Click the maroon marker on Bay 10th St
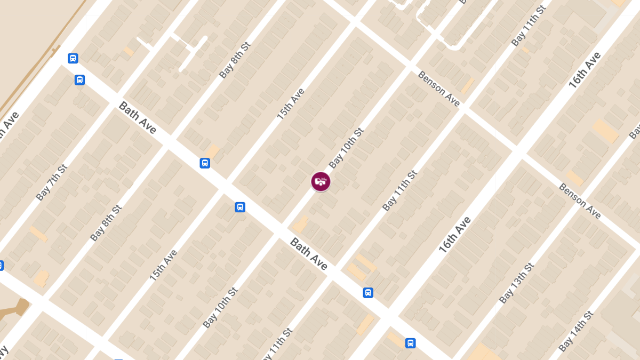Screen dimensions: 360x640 click(x=321, y=181)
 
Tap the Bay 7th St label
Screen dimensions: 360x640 click(x=52, y=183)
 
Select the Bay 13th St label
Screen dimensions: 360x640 click(x=516, y=283)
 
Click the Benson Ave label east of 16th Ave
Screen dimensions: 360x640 click(x=580, y=201)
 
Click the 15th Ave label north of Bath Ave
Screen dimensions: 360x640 click(x=290, y=103)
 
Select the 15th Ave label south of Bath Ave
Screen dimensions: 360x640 click(x=163, y=266)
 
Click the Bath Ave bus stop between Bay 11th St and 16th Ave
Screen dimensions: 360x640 click(x=368, y=292)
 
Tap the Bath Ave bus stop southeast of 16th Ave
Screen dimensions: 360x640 click(x=410, y=343)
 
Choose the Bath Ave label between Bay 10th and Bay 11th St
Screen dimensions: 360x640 click(x=309, y=254)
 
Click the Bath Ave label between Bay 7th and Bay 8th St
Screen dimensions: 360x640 click(x=138, y=117)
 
